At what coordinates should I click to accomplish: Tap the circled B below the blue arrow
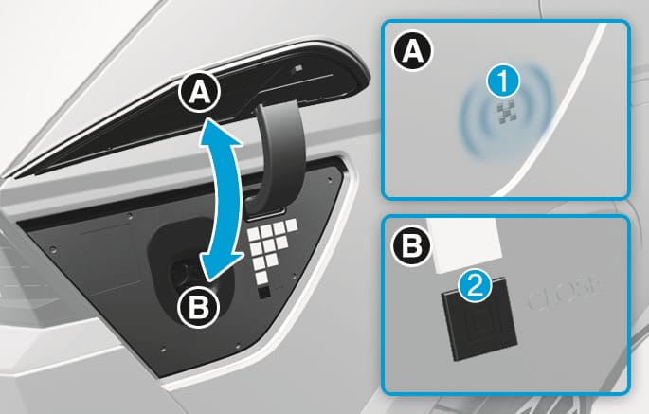coord(198,308)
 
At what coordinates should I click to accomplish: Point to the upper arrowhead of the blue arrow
coord(219,133)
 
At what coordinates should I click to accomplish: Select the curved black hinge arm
coord(278,153)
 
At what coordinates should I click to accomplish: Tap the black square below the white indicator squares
coord(264,293)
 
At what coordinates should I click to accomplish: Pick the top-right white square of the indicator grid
coord(292,225)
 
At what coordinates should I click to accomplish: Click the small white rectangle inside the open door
coord(298,69)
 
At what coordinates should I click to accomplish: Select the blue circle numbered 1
coord(503,81)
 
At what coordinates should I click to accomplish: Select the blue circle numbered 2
coord(476,287)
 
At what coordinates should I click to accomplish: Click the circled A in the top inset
coord(412,52)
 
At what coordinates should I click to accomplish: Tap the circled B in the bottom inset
coord(412,245)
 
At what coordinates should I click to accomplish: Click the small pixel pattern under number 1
coord(508,113)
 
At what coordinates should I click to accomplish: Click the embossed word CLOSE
coord(565,297)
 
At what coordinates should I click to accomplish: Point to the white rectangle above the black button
coord(465,245)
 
